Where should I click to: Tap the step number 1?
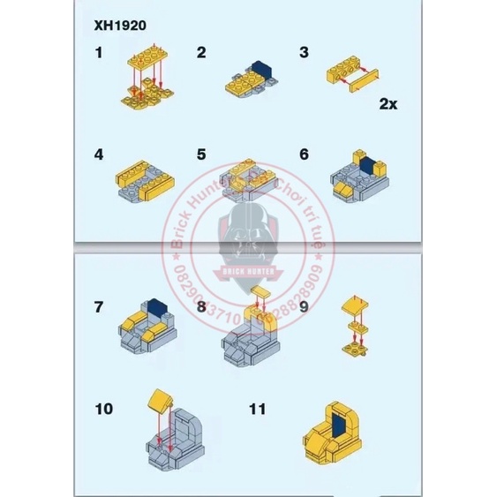coord(99,53)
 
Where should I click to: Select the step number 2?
coord(201,53)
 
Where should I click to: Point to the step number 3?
coord(305,53)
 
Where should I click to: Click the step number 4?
coord(99,154)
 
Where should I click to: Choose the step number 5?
coord(201,154)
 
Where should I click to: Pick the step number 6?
coord(305,154)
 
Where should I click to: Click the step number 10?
coord(103,409)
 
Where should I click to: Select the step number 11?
coord(257,409)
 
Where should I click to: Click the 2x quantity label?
coord(388,104)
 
